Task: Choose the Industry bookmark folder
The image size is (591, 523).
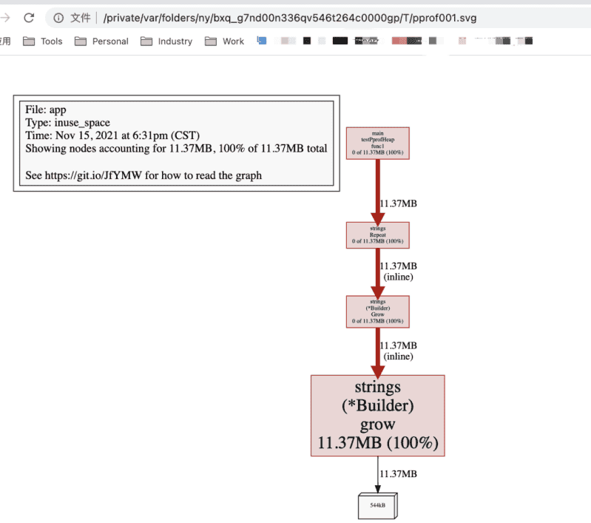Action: [x=166, y=41]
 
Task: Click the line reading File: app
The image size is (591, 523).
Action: [x=46, y=110]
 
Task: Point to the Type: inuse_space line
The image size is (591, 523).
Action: [x=67, y=123]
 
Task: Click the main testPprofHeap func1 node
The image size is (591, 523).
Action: [x=377, y=143]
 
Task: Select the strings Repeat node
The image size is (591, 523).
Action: [x=377, y=234]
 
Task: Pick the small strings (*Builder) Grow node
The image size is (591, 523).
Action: [x=377, y=311]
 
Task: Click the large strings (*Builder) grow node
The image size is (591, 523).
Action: [x=377, y=415]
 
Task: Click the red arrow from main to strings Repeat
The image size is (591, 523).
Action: [x=377, y=190]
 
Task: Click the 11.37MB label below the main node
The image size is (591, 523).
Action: [x=398, y=203]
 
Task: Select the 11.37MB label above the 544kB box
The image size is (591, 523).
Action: [x=398, y=473]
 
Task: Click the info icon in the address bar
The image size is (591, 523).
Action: [x=59, y=18]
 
